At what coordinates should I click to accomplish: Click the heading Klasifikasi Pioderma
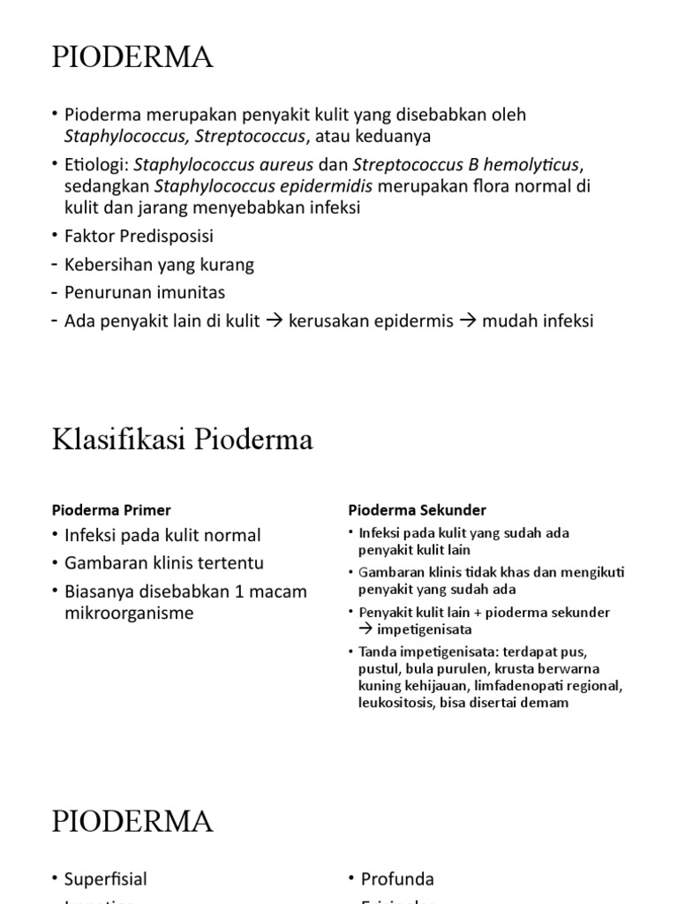182,440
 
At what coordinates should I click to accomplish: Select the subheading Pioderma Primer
111,510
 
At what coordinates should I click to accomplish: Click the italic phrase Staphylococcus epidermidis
264,187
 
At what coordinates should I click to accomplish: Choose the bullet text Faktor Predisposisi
139,237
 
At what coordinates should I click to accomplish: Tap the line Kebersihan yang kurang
159,264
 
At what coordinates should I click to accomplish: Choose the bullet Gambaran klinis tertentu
164,563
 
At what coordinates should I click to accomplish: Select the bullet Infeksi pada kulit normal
162,535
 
